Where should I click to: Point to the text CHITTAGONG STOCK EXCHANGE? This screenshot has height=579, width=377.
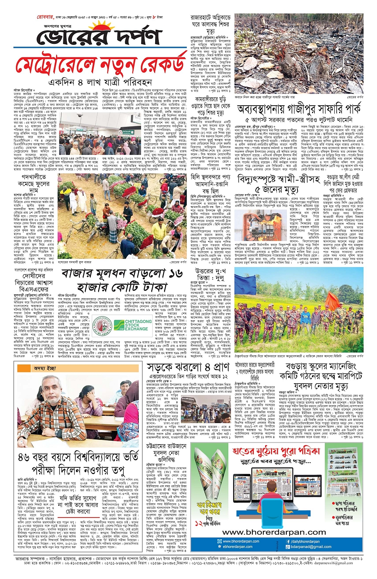click(x=138, y=324)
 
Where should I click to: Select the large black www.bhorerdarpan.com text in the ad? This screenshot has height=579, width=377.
click(x=274, y=532)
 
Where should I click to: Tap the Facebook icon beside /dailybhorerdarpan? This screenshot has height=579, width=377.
click(x=287, y=542)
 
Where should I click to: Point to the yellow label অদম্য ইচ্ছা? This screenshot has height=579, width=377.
click(x=45, y=368)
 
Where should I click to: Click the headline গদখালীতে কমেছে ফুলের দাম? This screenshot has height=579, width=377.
click(x=34, y=184)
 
